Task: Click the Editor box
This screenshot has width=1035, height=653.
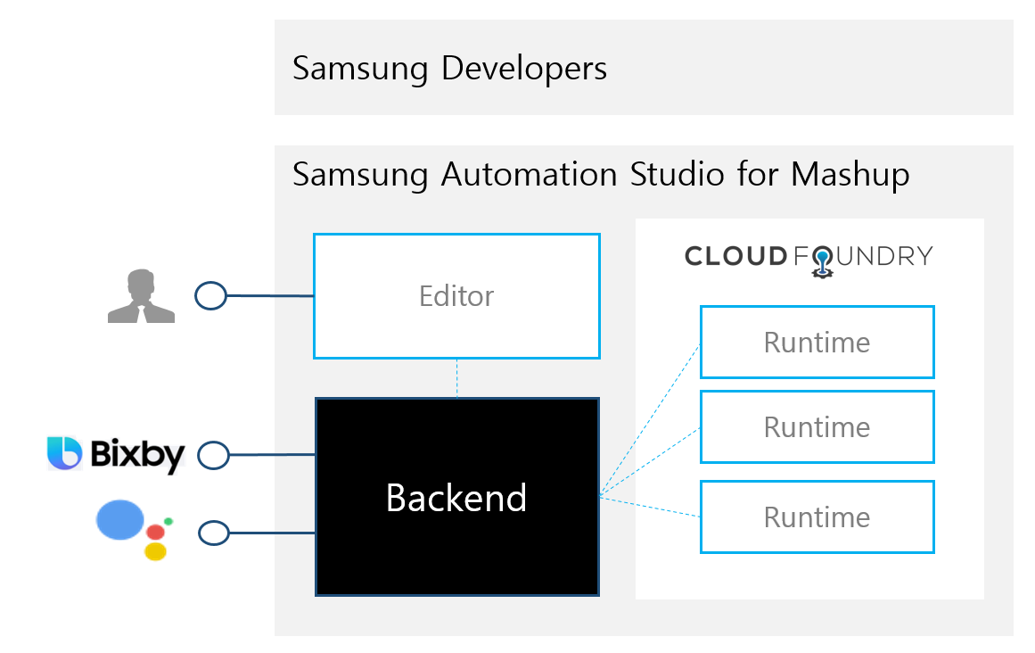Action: click(x=456, y=296)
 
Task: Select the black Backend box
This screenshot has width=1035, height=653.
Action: click(x=456, y=497)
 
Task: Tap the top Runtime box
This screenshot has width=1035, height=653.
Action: click(x=817, y=342)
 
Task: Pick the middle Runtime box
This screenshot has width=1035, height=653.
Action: click(x=817, y=426)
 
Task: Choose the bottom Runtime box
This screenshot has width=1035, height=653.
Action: click(x=817, y=517)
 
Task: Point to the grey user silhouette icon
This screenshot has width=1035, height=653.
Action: click(x=141, y=296)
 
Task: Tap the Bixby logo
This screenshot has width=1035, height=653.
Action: click(x=116, y=454)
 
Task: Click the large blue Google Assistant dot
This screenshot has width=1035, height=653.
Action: click(x=120, y=519)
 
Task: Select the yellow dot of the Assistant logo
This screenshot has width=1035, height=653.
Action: click(x=155, y=551)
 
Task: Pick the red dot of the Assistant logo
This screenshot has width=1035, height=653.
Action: click(x=156, y=533)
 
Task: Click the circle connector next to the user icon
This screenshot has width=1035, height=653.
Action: click(x=210, y=295)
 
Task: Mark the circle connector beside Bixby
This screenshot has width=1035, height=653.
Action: click(x=213, y=455)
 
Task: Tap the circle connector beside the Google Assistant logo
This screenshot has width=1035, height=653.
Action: click(x=214, y=533)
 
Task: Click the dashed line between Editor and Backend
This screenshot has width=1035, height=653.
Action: click(x=456, y=378)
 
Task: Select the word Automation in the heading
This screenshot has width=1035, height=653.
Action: click(x=530, y=175)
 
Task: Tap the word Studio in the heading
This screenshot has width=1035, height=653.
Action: click(x=678, y=174)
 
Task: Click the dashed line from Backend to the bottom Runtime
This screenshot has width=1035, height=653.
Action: click(x=650, y=506)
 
